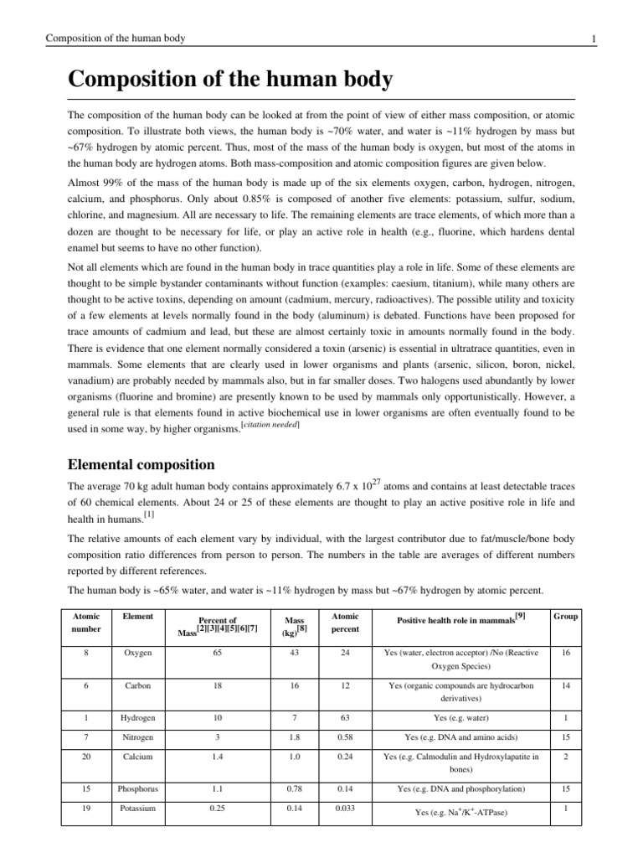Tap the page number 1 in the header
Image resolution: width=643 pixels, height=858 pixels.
(x=593, y=39)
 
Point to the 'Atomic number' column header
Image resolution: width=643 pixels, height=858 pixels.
(x=87, y=623)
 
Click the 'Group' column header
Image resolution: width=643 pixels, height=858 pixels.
(x=565, y=617)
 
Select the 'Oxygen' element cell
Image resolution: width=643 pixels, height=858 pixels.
(x=139, y=651)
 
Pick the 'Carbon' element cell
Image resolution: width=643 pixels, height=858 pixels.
(x=139, y=685)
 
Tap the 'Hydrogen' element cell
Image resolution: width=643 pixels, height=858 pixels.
(x=139, y=718)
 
